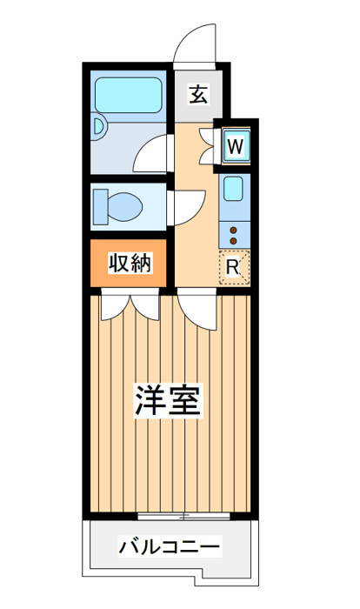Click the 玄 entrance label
coord(198,95)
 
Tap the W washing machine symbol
coord(236,146)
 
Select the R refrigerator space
coord(234,267)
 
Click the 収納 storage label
coord(130,263)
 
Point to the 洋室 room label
coord(168,400)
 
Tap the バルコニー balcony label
coord(170,547)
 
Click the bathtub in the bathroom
coord(129,95)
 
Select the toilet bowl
coord(124,207)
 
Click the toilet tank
coord(101,207)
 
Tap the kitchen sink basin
coord(233,189)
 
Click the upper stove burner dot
coord(233,231)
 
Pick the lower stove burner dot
coord(233,241)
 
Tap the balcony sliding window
coord(183,516)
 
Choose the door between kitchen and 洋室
coord(197,309)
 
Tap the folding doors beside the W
coord(207,146)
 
